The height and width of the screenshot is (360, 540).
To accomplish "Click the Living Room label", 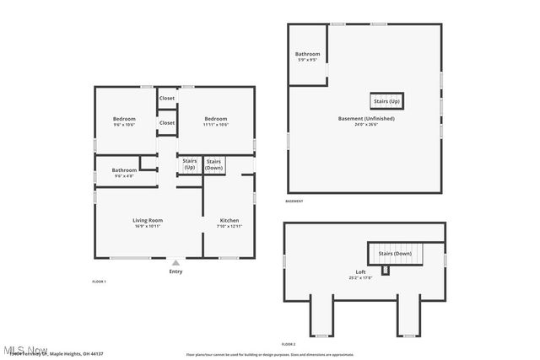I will pos(148,223).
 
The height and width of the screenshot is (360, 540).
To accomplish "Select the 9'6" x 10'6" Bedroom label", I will pos(124,121).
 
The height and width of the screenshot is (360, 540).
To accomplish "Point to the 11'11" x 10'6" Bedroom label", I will pos(216,121).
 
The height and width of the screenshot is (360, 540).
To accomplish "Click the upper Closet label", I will pos(167,98).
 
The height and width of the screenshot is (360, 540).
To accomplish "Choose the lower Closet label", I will pos(167,123).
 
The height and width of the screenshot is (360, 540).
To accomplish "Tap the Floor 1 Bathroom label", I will pos(124,172).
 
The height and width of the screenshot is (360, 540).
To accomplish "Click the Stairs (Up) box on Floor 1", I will pos(190,164).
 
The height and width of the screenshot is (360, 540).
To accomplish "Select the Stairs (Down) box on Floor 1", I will pos(213,164).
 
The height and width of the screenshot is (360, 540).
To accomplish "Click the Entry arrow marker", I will pos(175,263).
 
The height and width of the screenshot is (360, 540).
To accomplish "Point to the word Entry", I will pos(175,271).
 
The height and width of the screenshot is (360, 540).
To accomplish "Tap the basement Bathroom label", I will pos(307,56).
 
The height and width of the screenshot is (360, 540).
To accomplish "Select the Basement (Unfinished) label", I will pos(366,121).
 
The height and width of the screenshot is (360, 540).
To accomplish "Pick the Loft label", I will pos(360,274).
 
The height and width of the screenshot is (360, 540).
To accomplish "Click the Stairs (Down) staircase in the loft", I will pos(395,253).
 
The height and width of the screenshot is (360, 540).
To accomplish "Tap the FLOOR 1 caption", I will pos(100,281).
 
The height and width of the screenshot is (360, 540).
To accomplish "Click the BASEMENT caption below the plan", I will pos(294,201).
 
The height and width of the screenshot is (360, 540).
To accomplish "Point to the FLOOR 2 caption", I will pos(289,344).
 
